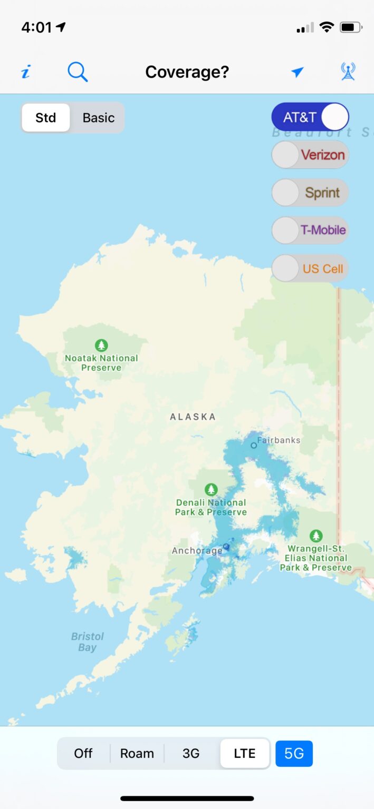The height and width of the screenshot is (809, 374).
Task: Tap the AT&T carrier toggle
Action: click(x=310, y=117)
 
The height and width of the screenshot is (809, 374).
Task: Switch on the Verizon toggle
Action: click(x=310, y=155)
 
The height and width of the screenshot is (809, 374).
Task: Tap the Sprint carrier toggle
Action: click(x=310, y=193)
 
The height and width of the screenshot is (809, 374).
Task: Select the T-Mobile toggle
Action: click(x=310, y=230)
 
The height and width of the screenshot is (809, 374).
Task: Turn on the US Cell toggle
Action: click(x=310, y=269)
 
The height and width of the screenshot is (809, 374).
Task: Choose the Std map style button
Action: click(x=46, y=117)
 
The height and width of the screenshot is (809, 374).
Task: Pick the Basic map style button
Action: click(x=98, y=117)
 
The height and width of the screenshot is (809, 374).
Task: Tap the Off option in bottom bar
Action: click(x=83, y=754)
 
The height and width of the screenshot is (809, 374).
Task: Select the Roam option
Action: click(x=137, y=754)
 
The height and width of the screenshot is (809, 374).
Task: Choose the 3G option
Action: click(x=191, y=754)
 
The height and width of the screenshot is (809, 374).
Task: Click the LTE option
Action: click(x=245, y=754)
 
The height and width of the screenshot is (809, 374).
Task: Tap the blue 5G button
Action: click(x=294, y=754)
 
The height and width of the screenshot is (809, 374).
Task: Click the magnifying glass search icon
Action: click(x=78, y=72)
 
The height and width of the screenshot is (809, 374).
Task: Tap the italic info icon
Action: click(x=25, y=72)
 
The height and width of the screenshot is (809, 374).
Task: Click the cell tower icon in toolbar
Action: click(x=348, y=72)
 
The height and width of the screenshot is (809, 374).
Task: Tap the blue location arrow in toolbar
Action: click(x=298, y=72)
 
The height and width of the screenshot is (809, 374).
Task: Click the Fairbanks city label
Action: click(x=278, y=440)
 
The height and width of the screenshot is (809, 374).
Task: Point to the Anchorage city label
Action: click(x=197, y=551)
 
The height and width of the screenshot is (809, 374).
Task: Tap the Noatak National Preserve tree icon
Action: click(x=101, y=346)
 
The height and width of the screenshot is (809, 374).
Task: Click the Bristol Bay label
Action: click(x=88, y=642)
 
